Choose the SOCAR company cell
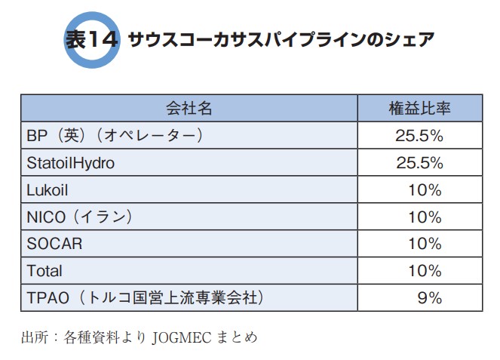pos(54,244)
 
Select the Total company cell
pos(44,270)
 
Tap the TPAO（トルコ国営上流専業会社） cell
pos(148,297)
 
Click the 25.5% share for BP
pos(419,136)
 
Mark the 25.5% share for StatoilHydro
pos(419,163)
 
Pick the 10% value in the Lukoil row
pos(425,190)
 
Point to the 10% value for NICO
pos(425,217)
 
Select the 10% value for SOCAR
pos(425,244)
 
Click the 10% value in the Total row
pos(425,270)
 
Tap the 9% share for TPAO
pos(429,297)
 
